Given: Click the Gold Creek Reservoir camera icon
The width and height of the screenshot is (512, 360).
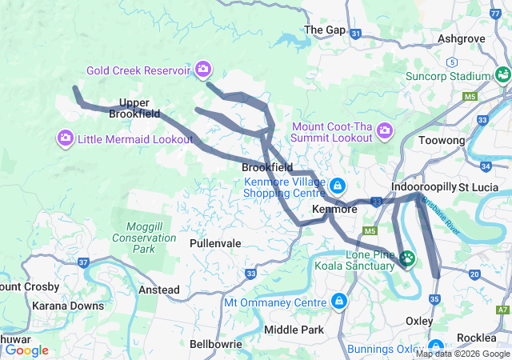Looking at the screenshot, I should (x=203, y=70).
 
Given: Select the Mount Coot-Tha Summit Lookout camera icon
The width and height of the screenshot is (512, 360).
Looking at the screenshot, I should (x=385, y=130).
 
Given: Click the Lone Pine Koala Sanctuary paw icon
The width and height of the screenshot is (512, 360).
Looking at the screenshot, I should (x=408, y=258).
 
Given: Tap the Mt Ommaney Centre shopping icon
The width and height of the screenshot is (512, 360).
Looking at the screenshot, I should (x=338, y=302).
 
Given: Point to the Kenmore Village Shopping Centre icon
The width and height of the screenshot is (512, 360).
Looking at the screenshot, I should (x=337, y=186).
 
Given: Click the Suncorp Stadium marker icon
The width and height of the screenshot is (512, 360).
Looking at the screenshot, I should (x=502, y=75).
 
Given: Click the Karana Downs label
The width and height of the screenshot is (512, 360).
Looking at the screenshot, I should (x=68, y=306).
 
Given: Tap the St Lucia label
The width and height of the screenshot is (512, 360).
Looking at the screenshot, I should (x=479, y=187).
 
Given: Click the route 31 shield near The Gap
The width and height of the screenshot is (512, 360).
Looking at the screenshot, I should (x=357, y=34).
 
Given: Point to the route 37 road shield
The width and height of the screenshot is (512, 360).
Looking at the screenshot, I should (x=83, y=262).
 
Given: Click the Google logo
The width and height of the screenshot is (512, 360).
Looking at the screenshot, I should (x=26, y=350).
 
